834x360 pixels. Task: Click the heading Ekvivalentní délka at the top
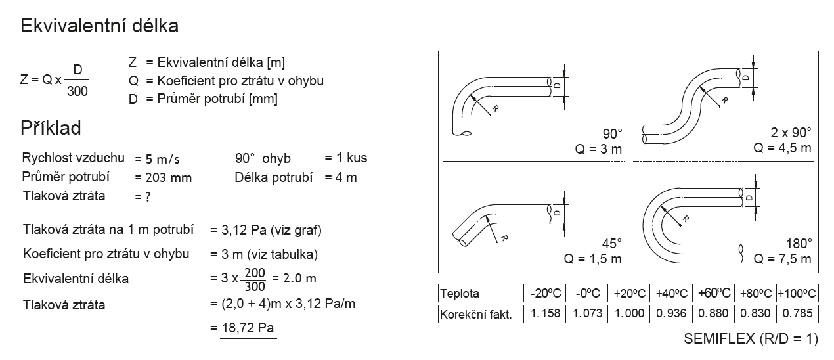tap(99, 26)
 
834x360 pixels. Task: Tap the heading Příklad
tap(51, 128)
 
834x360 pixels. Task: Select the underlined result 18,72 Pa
tap(248, 328)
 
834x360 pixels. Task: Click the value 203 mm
tap(169, 177)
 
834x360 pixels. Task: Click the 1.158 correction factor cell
tap(545, 313)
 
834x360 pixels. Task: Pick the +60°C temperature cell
tap(713, 293)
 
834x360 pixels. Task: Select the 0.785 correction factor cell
tap(797, 313)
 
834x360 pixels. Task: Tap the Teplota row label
tap(460, 294)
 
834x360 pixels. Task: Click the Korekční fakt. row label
tap(476, 315)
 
